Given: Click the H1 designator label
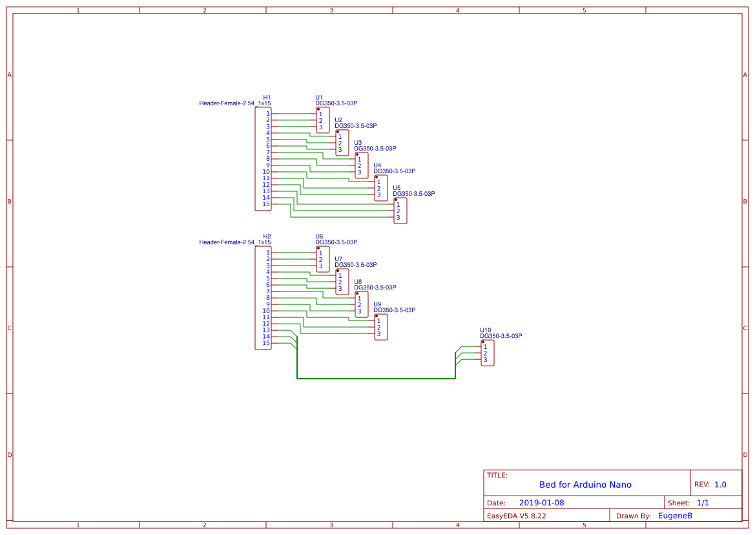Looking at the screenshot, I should (x=267, y=97).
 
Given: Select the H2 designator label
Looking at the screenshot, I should (x=267, y=236).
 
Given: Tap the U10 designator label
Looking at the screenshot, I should (x=486, y=330).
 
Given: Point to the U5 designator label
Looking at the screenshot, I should (x=397, y=187).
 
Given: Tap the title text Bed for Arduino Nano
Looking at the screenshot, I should (x=585, y=485).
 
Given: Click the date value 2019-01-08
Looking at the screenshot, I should (x=542, y=503).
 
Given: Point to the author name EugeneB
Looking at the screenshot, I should (x=675, y=516).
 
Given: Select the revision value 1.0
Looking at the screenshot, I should (x=720, y=485).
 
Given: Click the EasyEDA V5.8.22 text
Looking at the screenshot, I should (x=516, y=516).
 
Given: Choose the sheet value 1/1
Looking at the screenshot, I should (x=703, y=503).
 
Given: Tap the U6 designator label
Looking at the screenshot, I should (x=319, y=236).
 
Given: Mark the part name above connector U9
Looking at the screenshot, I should (x=394, y=310).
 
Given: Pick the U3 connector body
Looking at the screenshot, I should (x=362, y=165).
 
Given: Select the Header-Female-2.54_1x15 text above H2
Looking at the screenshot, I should (x=234, y=242).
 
